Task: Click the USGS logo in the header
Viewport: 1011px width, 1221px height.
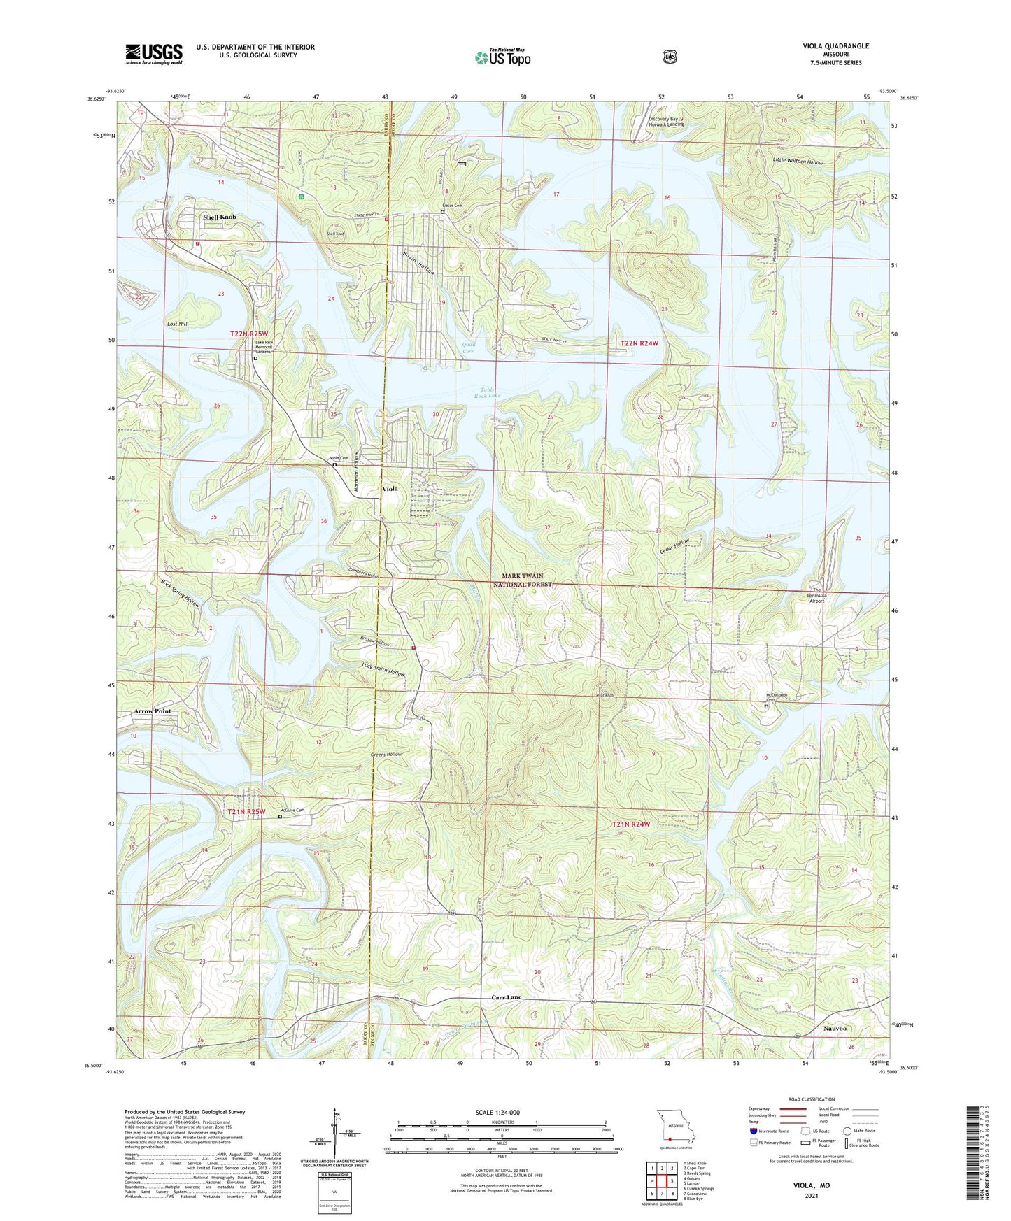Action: [154, 54]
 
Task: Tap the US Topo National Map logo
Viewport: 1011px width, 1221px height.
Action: [502, 57]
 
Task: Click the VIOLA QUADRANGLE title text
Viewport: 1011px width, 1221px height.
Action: [835, 46]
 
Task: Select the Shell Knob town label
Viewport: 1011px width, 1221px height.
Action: [219, 217]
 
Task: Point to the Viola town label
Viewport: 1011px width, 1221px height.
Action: [390, 488]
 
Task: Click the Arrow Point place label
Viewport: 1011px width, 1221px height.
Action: [152, 711]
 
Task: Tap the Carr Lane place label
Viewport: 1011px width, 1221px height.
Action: [506, 997]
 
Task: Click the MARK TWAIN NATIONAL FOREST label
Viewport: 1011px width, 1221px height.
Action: [522, 580]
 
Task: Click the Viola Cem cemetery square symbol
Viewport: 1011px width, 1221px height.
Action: [334, 465]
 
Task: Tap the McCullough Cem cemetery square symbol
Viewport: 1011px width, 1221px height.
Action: [766, 707]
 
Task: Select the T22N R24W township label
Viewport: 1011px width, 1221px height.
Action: [639, 343]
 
